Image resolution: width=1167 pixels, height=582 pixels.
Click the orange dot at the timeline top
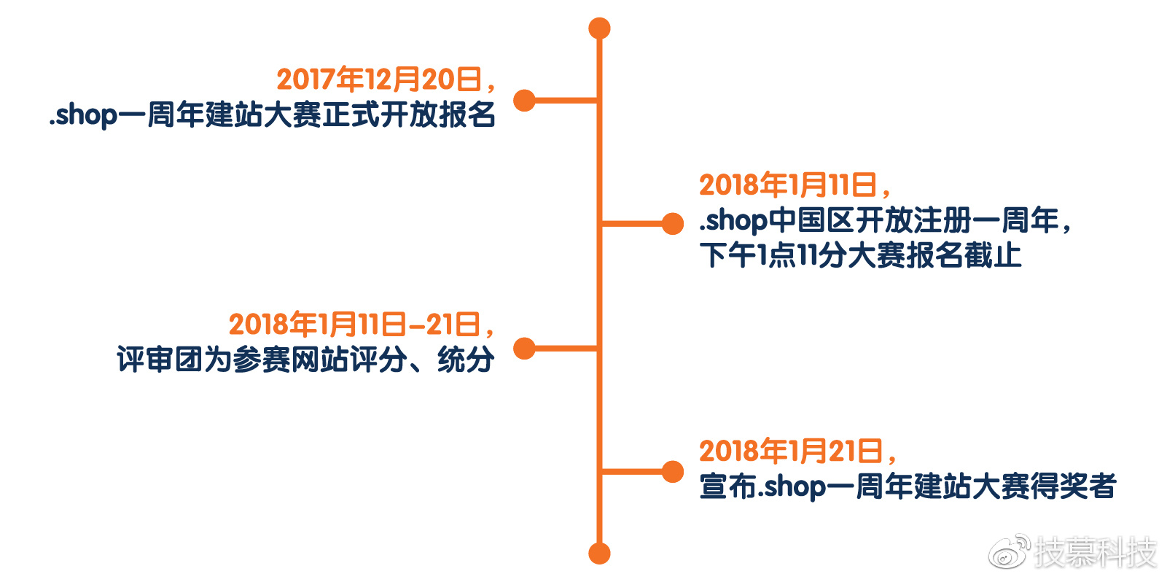click(x=599, y=28)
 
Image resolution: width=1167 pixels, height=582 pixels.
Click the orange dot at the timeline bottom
click(x=599, y=554)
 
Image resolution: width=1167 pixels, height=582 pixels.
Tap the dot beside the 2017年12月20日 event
click(x=525, y=101)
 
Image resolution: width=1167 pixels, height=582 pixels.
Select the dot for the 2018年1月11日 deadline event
click(x=673, y=224)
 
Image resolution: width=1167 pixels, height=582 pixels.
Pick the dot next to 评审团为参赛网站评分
click(x=525, y=349)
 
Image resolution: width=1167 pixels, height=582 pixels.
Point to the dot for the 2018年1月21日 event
click(x=673, y=472)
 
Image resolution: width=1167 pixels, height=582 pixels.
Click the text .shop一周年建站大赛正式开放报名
click(x=272, y=115)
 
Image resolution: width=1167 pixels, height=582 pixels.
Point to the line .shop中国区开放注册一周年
click(x=883, y=220)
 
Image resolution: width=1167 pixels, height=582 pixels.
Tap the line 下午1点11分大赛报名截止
click(x=860, y=255)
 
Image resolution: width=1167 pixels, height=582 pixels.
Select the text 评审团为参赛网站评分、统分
click(x=305, y=360)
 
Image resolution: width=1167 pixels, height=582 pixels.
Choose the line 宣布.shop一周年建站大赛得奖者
click(x=908, y=486)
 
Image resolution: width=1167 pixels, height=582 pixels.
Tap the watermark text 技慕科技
click(x=1096, y=552)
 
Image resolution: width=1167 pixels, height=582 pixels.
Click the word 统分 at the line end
click(x=466, y=360)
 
